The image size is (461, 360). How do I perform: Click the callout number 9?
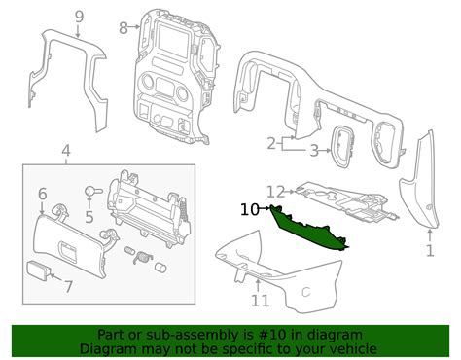point(79,16)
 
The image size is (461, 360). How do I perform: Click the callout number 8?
point(122,27)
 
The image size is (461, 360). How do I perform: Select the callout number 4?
point(65,151)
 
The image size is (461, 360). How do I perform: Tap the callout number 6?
point(42,195)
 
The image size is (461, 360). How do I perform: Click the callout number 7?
point(67,286)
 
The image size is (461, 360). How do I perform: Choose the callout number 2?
point(271,144)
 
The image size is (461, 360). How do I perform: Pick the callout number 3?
point(313,150)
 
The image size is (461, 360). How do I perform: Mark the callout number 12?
point(275,191)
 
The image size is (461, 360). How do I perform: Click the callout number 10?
point(250,208)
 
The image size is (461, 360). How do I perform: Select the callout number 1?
point(430,250)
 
